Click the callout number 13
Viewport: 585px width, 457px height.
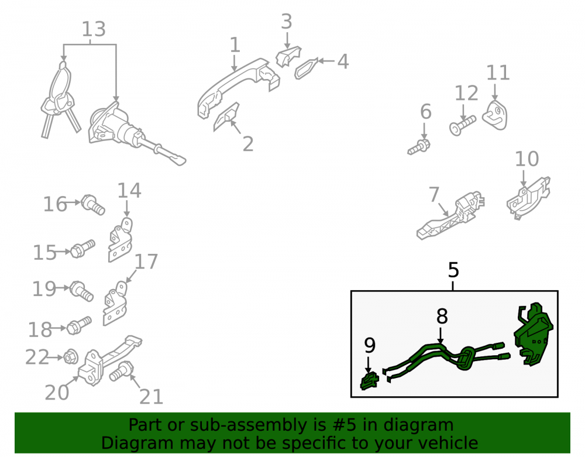[93, 29]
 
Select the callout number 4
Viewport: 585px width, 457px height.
[343, 61]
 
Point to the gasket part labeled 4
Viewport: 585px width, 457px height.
[306, 68]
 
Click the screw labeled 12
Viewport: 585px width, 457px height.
[463, 125]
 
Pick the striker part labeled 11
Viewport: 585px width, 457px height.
[495, 115]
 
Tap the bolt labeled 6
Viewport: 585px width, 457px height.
[419, 147]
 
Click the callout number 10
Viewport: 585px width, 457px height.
[527, 159]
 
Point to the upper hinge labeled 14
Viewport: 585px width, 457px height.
[120, 240]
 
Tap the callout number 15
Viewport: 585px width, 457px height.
[44, 253]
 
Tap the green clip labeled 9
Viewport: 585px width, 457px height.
[369, 381]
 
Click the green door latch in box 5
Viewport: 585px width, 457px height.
[533, 334]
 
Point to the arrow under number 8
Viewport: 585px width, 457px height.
[441, 335]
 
